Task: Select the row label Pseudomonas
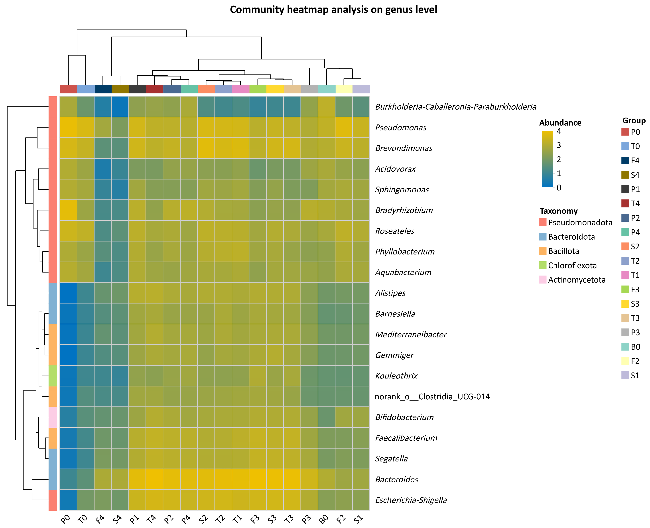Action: click(x=401, y=127)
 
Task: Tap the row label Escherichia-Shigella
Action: click(x=411, y=500)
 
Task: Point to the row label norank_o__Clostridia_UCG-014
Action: click(x=432, y=397)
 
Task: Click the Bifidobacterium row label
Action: click(x=404, y=417)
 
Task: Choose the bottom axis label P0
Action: click(x=66, y=519)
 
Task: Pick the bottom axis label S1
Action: click(x=359, y=519)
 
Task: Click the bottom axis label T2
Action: click(x=221, y=519)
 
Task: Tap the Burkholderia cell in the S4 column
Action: click(x=120, y=107)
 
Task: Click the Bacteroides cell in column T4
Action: click(x=155, y=479)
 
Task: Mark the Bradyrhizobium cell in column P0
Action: click(x=68, y=210)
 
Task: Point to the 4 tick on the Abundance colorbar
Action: click(x=559, y=131)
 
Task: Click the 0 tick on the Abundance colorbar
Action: click(x=559, y=188)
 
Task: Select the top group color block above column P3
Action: click(x=309, y=89)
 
